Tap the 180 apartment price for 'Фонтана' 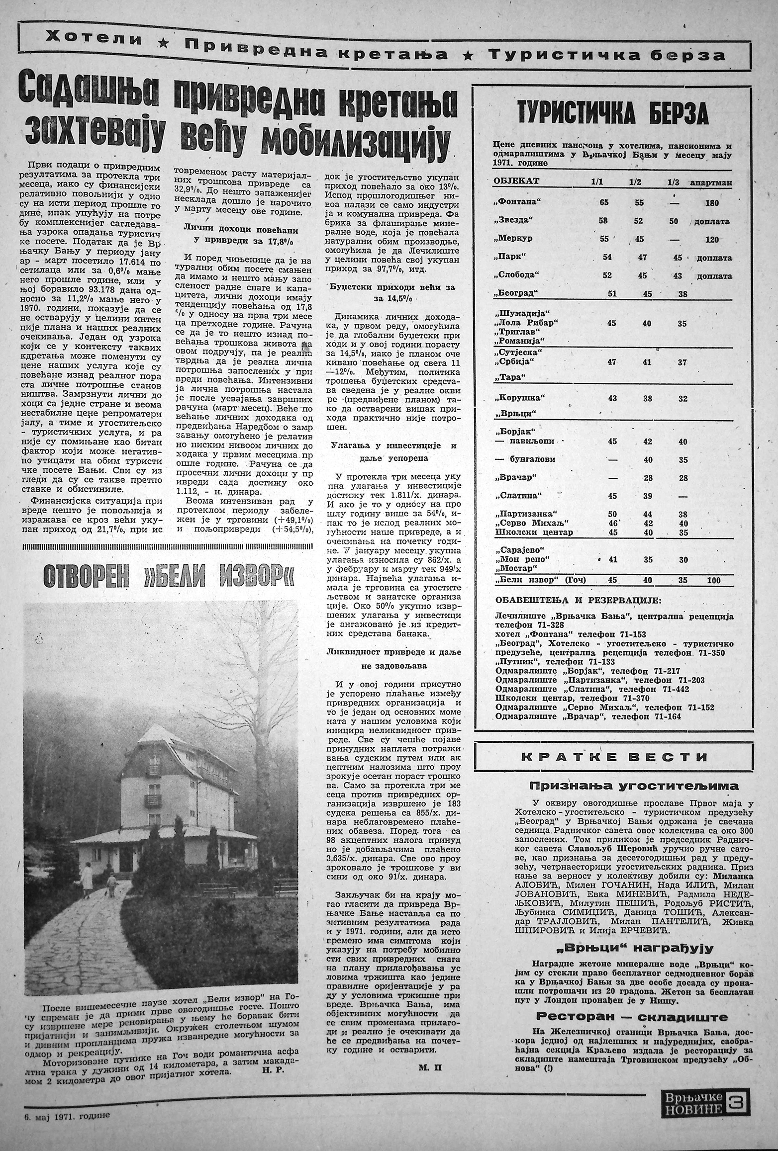click(711, 203)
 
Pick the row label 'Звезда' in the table click(513, 220)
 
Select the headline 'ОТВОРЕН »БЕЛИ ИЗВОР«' click(169, 576)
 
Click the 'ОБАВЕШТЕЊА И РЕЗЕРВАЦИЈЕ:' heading click(578, 601)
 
